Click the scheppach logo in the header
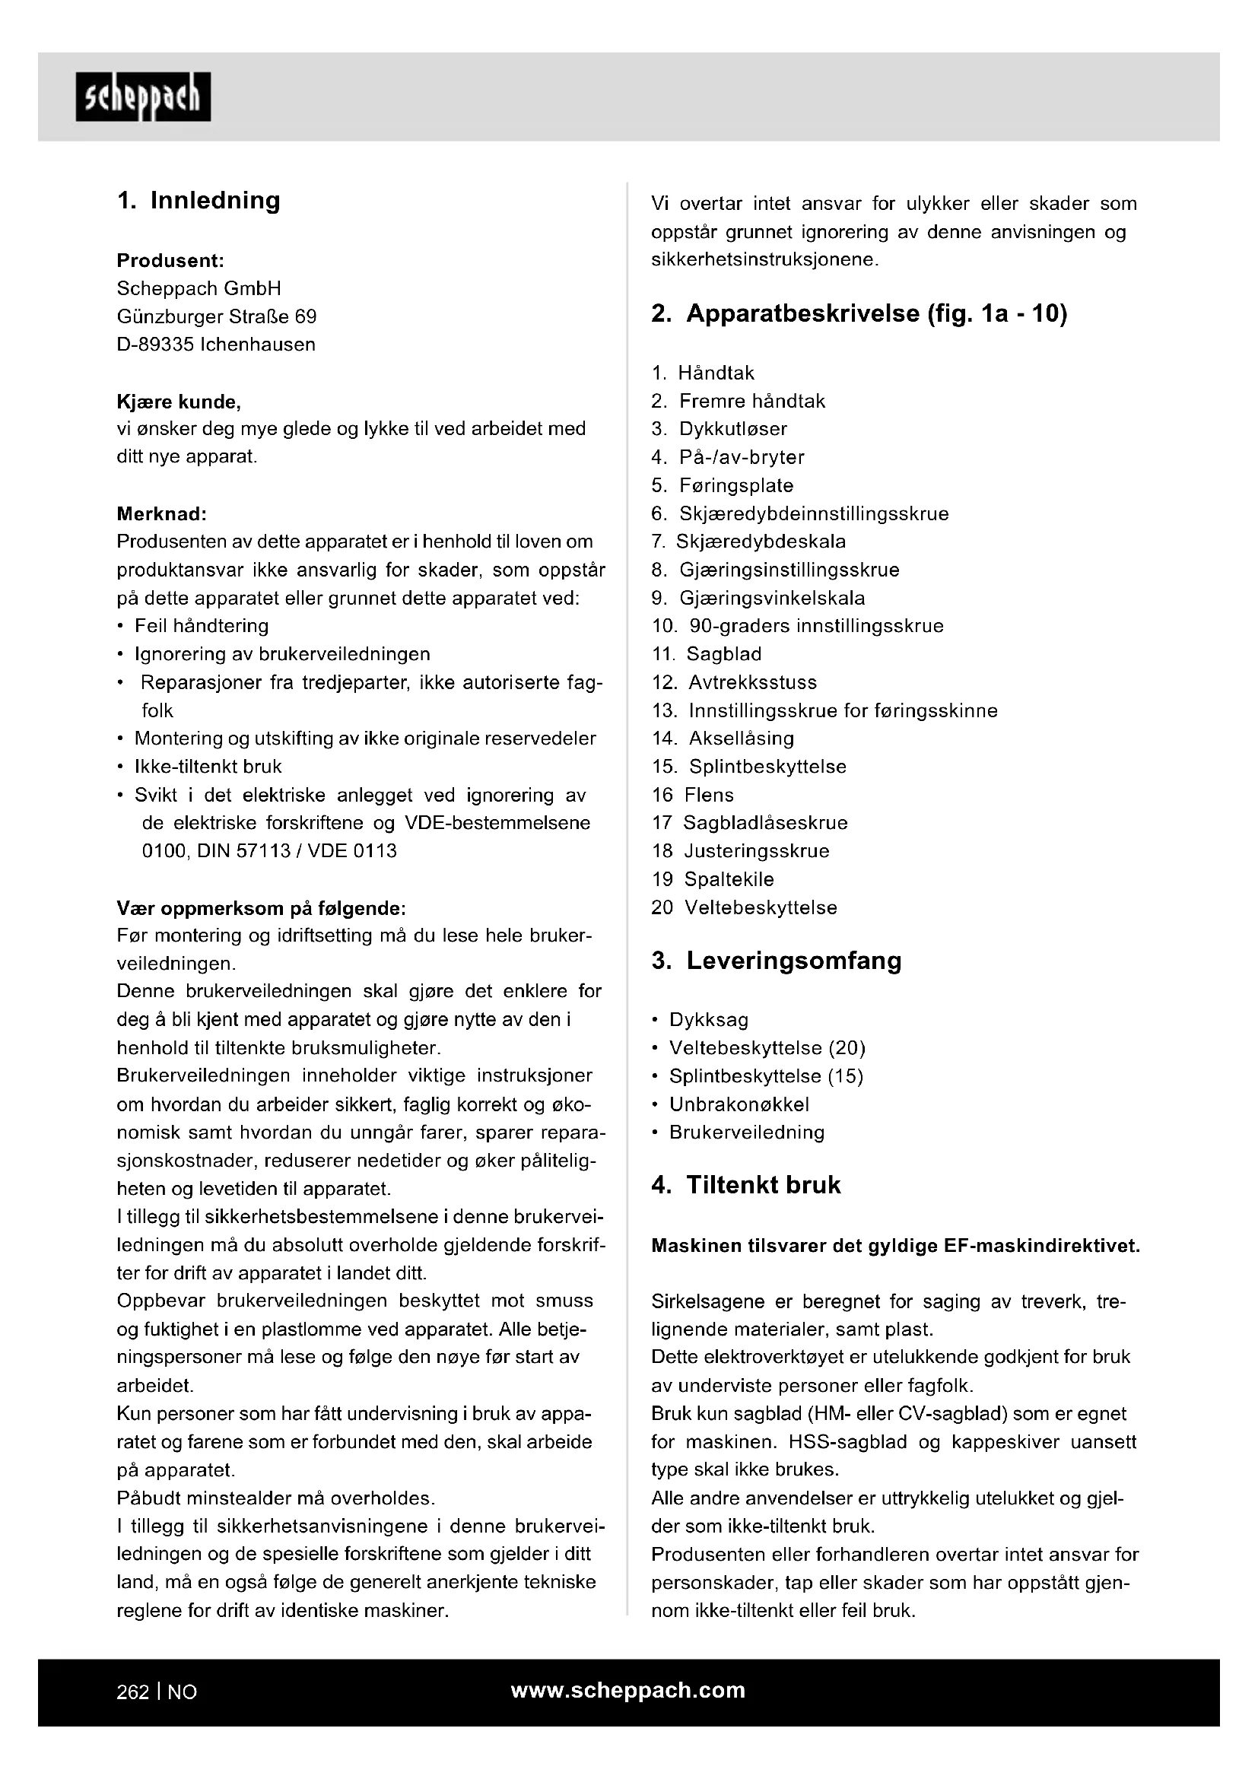point(142,97)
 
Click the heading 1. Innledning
point(199,200)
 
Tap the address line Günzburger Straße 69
point(216,316)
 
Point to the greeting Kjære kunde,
point(178,402)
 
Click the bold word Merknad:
point(161,513)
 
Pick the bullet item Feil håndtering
point(201,626)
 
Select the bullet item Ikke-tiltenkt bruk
point(208,767)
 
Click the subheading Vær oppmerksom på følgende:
point(261,907)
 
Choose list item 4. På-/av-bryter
point(727,457)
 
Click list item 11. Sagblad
point(707,654)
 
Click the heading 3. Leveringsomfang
point(777,961)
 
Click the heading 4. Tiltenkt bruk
point(746,1185)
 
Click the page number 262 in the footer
point(132,1692)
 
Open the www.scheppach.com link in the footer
point(627,1691)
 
